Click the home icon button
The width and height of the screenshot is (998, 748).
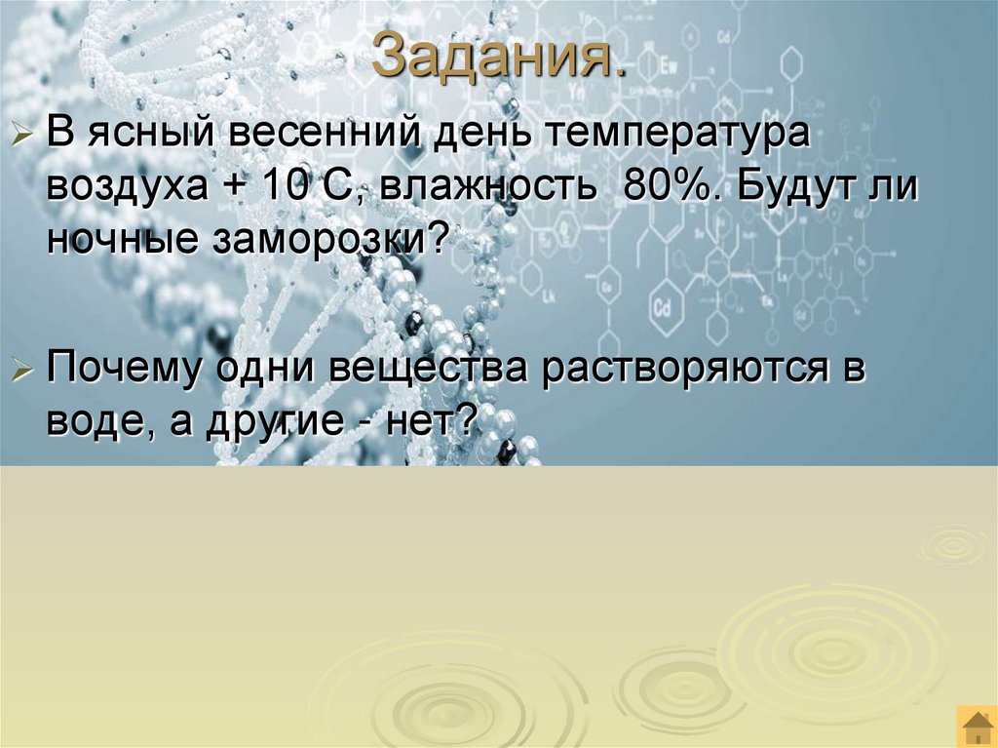[x=976, y=727]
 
